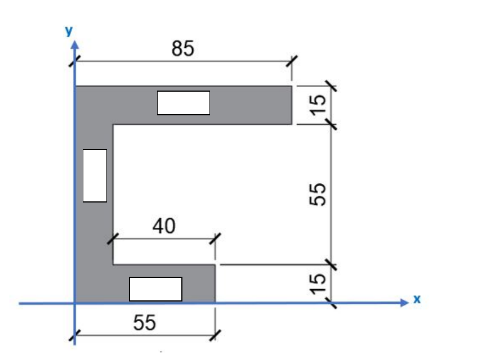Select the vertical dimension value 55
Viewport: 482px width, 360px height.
click(x=318, y=194)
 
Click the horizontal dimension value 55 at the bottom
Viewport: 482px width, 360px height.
click(x=145, y=323)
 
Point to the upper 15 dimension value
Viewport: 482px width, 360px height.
click(x=318, y=104)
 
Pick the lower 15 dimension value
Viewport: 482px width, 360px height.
click(x=318, y=283)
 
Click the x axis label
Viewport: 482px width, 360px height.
click(x=417, y=300)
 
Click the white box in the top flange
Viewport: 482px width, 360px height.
click(x=183, y=103)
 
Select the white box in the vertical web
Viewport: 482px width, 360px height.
click(x=95, y=175)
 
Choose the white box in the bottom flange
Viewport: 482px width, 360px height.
click(x=155, y=289)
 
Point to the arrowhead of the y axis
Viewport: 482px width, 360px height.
click(x=74, y=44)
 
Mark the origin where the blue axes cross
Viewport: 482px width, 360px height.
click(x=74, y=304)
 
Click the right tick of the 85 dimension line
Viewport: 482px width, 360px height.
click(x=292, y=61)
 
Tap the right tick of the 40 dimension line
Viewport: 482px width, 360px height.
click(x=215, y=238)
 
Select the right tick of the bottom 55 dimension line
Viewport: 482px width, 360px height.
click(x=215, y=336)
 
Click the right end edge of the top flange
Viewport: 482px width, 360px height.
click(x=292, y=105)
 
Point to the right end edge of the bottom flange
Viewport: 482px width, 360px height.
click(x=215, y=283)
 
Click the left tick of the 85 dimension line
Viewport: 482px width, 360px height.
click(x=74, y=61)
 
